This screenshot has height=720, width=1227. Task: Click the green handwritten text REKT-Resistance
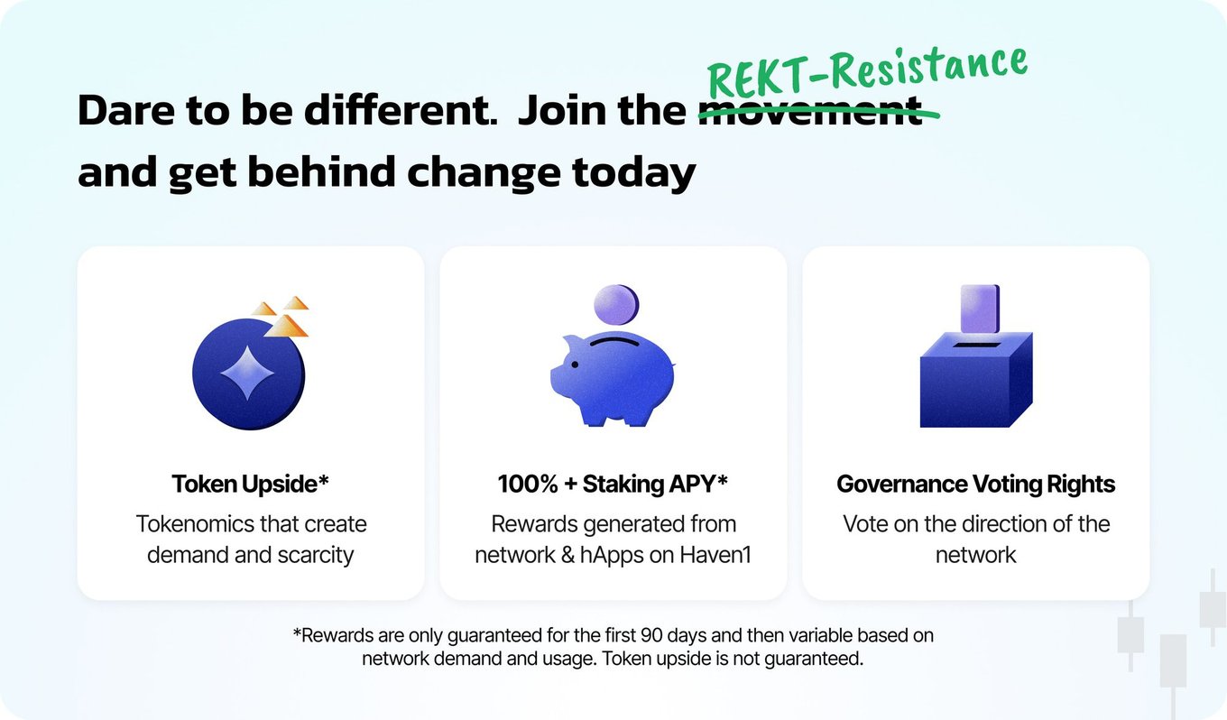[x=867, y=72]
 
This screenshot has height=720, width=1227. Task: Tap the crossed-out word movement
[x=811, y=111]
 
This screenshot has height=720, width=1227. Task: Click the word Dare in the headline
[x=127, y=110]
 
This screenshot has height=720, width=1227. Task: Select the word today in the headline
[x=633, y=172]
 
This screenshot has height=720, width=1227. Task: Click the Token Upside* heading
[x=250, y=484]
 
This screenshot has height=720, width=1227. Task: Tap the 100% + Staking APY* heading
[x=613, y=484]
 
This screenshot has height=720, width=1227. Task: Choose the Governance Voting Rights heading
[x=975, y=484]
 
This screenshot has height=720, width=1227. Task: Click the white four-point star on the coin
[x=247, y=373]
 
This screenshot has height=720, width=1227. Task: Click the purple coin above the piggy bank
[x=616, y=305]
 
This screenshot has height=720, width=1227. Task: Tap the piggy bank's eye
[x=575, y=365]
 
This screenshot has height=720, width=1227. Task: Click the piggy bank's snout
[x=557, y=379]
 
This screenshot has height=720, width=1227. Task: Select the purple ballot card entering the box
[x=980, y=309]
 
